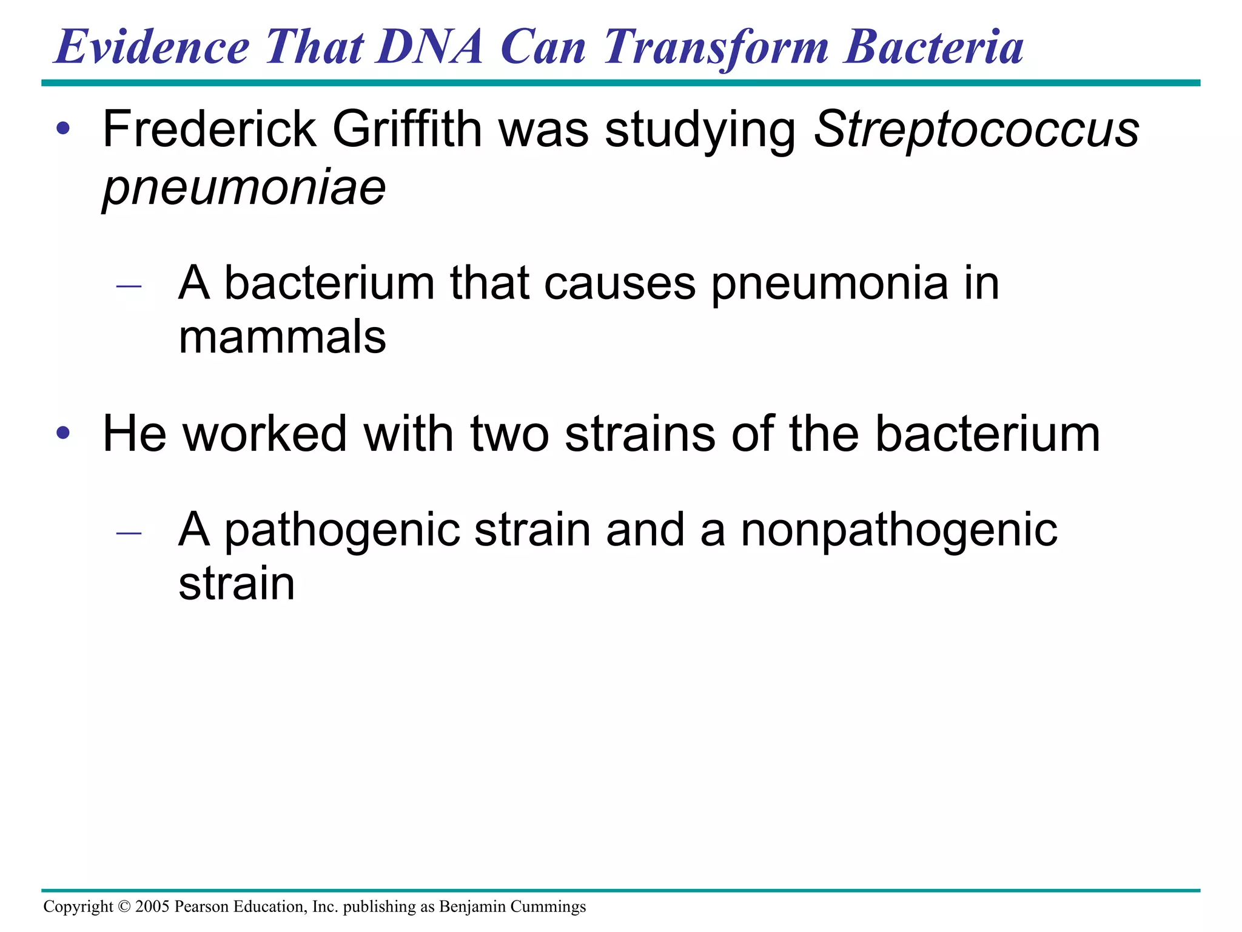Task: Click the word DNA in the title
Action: pos(429,47)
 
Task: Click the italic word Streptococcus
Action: pos(976,130)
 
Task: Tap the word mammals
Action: pos(282,337)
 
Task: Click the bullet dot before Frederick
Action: pos(63,129)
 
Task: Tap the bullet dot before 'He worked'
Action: pos(63,434)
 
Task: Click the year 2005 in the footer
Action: pos(152,907)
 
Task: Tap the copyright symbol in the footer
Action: pos(124,907)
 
